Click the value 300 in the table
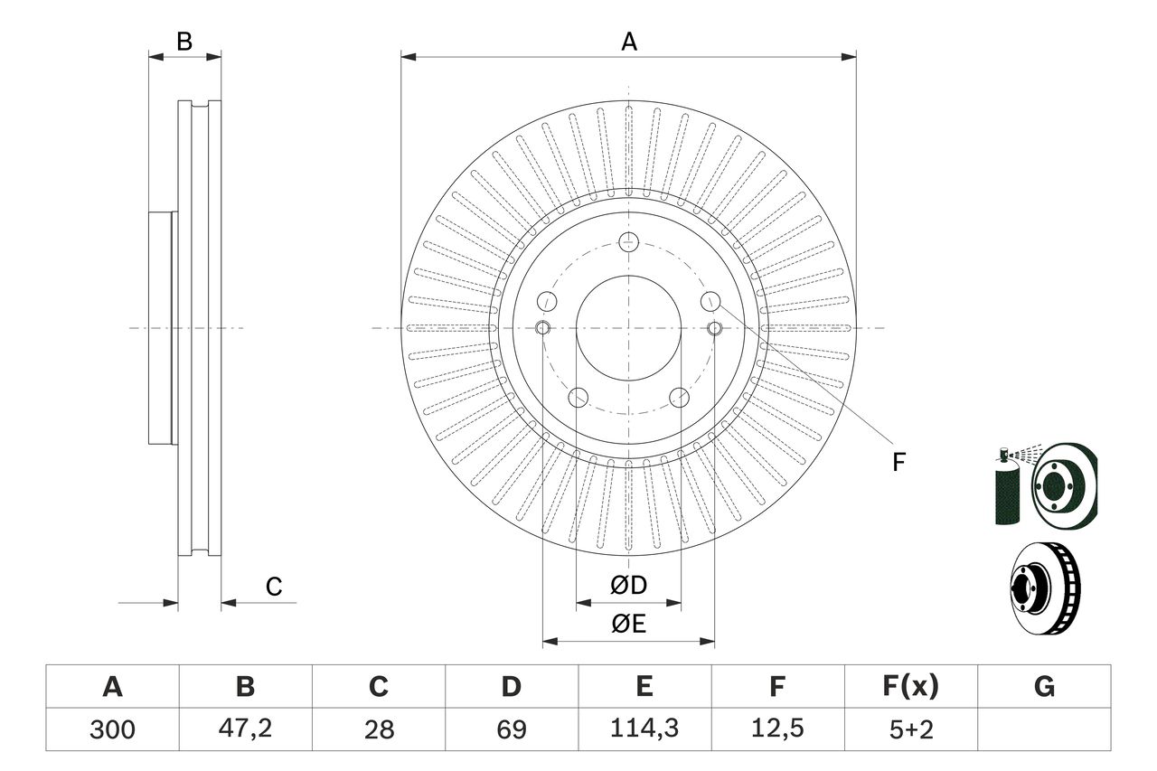point(112,729)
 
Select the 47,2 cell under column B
point(245,729)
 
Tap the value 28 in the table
point(379,729)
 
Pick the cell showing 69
point(512,729)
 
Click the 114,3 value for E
point(644,729)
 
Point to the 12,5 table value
point(776,729)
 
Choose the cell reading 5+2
point(909,729)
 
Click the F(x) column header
point(909,687)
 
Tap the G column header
point(1044,687)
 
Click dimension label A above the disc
point(628,42)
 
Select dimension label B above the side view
point(184,42)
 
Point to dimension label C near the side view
point(274,587)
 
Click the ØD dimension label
point(628,586)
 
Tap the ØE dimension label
point(628,625)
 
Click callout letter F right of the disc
point(898,463)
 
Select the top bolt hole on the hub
point(628,242)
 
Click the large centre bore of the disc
point(628,327)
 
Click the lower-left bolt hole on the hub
point(578,396)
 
